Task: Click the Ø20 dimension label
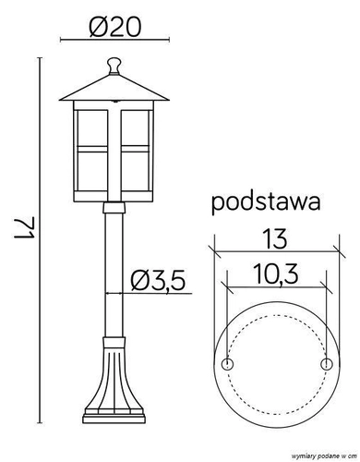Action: (x=114, y=27)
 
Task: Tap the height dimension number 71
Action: (x=24, y=227)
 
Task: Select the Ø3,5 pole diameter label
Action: (x=158, y=281)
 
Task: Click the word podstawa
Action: (x=266, y=203)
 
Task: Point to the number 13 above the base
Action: (x=275, y=238)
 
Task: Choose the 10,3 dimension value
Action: (x=276, y=274)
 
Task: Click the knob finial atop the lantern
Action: (x=114, y=66)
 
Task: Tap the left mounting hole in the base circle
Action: (x=227, y=364)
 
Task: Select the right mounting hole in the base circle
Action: (x=327, y=364)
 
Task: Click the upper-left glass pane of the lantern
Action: (x=92, y=128)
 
